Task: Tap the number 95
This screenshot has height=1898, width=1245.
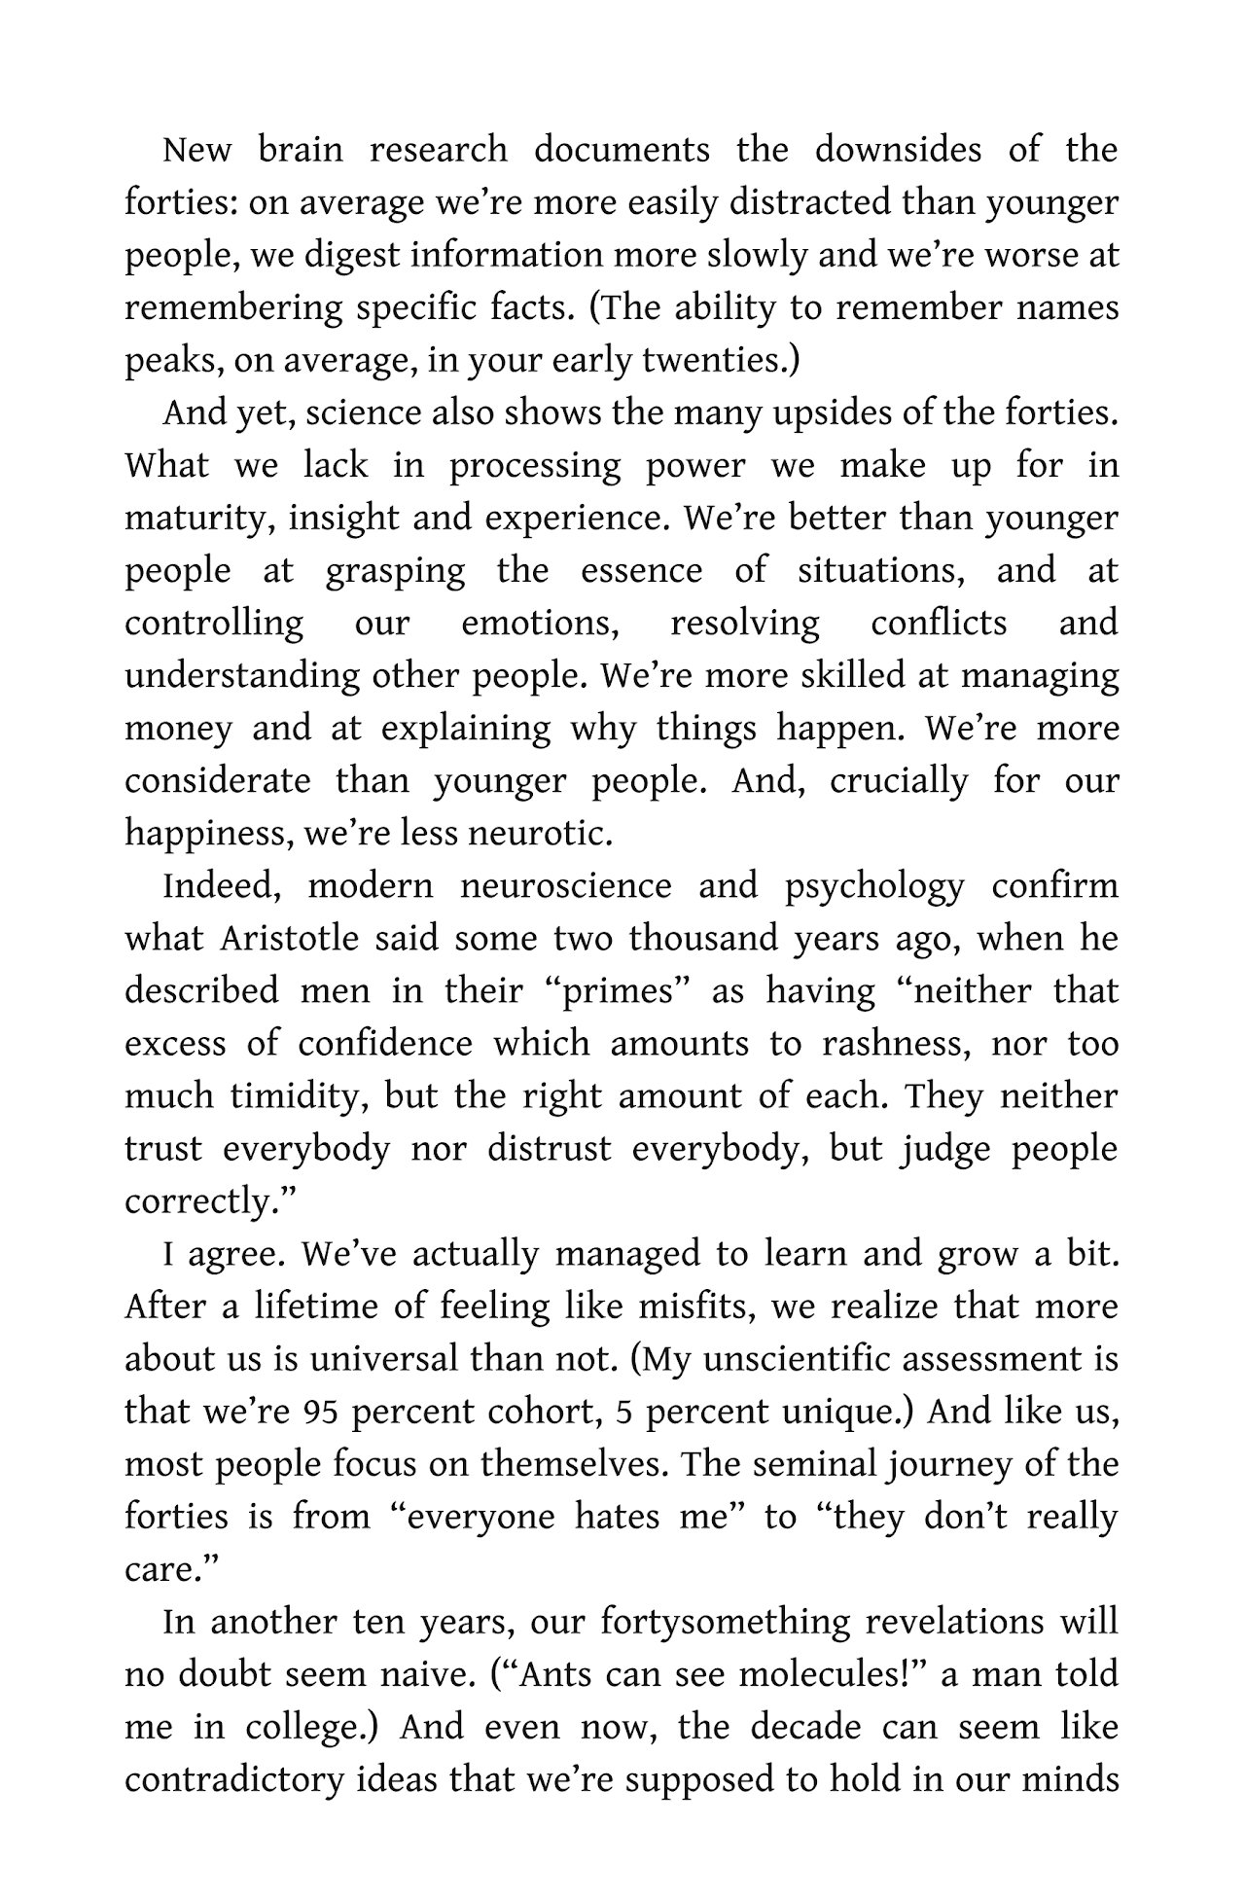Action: [320, 1413]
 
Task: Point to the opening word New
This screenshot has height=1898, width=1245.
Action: [196, 151]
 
